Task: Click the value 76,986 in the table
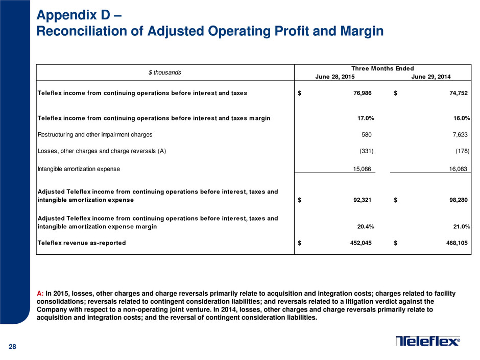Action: click(x=363, y=93)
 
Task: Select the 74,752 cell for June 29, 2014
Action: click(x=459, y=93)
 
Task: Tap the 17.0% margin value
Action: click(x=366, y=118)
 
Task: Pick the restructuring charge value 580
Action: click(x=367, y=135)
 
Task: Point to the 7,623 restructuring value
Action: click(x=460, y=135)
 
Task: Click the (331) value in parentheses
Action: click(x=367, y=151)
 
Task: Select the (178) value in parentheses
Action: click(x=463, y=151)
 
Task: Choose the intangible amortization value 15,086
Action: click(x=362, y=169)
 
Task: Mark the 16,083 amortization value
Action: click(x=458, y=169)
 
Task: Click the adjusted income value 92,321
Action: click(x=362, y=200)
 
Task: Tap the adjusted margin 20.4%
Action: click(x=366, y=227)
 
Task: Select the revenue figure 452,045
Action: click(x=361, y=243)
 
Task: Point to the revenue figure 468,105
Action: click(x=457, y=243)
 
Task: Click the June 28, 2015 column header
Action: click(x=335, y=77)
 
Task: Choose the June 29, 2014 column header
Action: click(x=431, y=77)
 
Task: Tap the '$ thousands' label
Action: click(x=165, y=73)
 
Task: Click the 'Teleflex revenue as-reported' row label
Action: click(x=82, y=243)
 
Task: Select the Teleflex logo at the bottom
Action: click(x=427, y=341)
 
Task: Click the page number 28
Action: click(x=13, y=347)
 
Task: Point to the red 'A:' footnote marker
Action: click(x=40, y=294)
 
